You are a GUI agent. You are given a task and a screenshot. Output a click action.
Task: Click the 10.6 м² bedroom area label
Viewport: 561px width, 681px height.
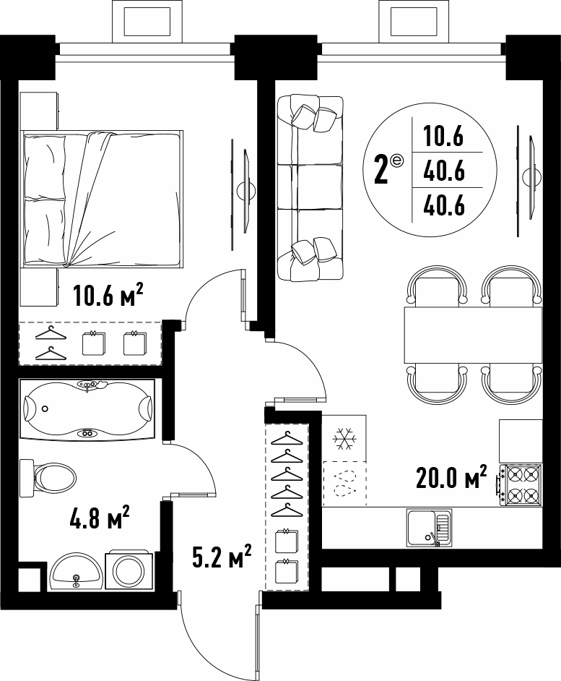pos(108,296)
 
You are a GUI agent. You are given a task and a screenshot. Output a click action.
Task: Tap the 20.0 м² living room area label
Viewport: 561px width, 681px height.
pos(452,477)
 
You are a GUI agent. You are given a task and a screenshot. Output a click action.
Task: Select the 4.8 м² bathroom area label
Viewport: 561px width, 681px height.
pos(100,518)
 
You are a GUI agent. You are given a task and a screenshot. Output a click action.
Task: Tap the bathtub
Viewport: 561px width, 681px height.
pos(87,409)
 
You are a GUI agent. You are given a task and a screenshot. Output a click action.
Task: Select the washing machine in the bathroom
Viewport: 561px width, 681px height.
pos(129,570)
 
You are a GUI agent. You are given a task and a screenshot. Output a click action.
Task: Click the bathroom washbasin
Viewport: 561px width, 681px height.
pos(76,571)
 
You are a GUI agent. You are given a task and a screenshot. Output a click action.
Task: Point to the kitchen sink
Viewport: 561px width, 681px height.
pos(429,528)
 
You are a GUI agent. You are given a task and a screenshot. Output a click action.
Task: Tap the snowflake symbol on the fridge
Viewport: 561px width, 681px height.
pos(344,439)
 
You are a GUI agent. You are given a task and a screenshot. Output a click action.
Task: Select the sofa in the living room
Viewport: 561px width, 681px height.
pos(310,188)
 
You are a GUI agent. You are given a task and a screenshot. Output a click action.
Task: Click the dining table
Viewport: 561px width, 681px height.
pos(473,335)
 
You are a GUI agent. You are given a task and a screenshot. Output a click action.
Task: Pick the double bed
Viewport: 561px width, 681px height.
pos(102,199)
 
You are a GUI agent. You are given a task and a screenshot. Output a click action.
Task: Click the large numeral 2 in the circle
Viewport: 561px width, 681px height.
pos(381,171)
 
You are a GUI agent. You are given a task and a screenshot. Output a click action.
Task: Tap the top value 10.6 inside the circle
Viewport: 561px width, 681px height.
pos(444,137)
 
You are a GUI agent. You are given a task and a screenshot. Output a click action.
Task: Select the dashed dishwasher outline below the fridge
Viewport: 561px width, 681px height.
pos(344,484)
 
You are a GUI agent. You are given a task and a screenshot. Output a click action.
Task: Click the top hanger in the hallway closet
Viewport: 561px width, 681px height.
pos(287,438)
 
